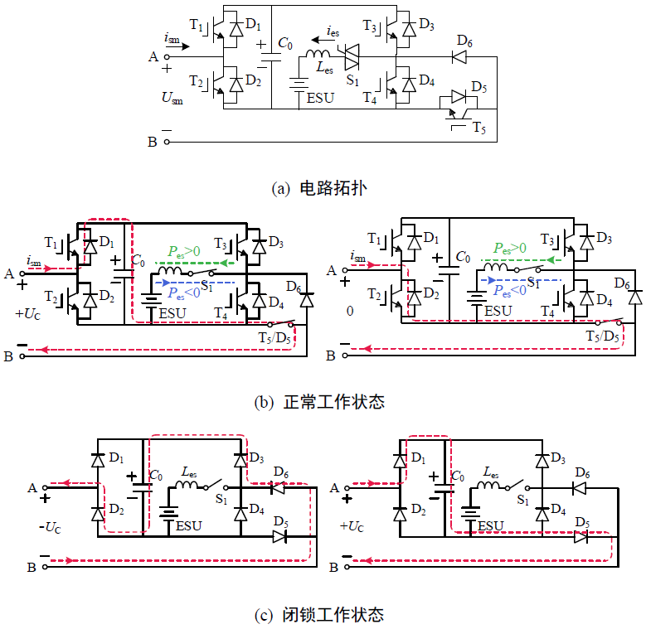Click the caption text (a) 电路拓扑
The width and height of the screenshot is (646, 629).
[319, 188]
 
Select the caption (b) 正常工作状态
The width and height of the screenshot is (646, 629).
[319, 403]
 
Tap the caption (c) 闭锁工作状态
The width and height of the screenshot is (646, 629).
[319, 615]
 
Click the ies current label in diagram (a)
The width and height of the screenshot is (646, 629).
[332, 32]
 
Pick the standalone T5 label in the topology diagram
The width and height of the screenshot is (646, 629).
[479, 128]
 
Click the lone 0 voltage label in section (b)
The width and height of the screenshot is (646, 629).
[351, 311]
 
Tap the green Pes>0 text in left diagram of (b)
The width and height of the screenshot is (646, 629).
[184, 250]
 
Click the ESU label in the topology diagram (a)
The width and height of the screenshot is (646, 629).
[321, 98]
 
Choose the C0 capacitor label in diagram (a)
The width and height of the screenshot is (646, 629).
[285, 42]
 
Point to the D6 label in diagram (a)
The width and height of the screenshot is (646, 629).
[464, 41]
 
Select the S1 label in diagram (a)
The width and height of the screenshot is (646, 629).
[352, 80]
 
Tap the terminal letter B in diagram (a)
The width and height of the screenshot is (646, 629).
[153, 142]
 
